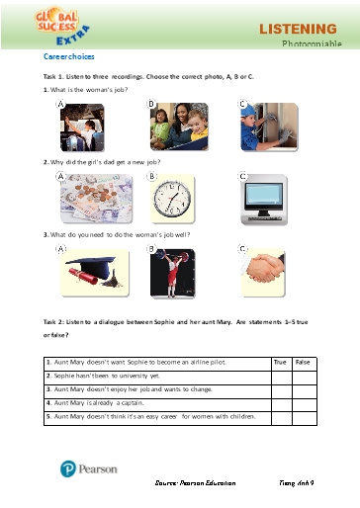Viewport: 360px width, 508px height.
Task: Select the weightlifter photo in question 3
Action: pos(176,273)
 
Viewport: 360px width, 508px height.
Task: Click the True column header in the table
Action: pos(281,363)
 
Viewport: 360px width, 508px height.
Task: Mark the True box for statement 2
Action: pos(281,377)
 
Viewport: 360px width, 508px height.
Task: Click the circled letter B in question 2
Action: pos(152,178)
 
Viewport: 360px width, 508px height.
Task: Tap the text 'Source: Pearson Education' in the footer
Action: pos(196,481)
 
